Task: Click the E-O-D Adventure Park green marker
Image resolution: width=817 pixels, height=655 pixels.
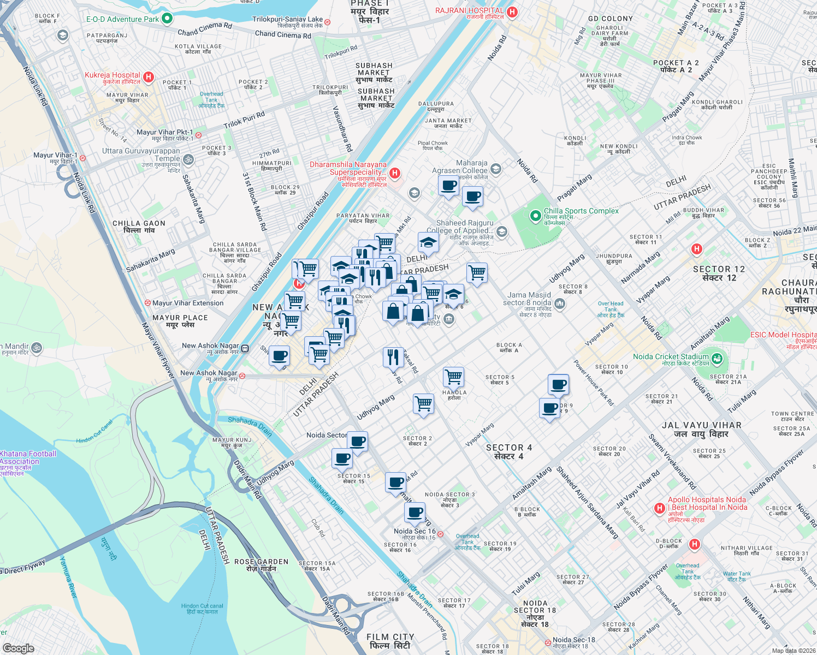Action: pos(167,19)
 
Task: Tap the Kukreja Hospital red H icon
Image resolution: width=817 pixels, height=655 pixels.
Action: pos(149,78)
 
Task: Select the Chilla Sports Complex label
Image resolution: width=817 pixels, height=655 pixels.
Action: pos(581,211)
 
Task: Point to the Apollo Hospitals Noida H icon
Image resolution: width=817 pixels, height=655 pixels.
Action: pos(660,509)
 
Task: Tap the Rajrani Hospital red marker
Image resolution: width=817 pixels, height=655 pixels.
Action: pos(512,12)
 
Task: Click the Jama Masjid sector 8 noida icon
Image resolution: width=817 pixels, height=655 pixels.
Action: pos(559,303)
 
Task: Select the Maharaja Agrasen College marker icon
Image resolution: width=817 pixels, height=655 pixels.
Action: pos(495,169)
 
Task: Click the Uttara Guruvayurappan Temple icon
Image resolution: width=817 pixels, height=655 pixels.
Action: pos(188,159)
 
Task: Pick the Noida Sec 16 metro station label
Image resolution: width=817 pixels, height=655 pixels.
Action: pos(415,531)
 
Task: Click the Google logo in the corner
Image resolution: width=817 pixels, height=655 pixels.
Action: pos(18,648)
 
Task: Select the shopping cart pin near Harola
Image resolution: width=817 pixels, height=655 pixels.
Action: pos(453,377)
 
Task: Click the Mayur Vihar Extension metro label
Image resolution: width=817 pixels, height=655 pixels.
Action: pos(187,303)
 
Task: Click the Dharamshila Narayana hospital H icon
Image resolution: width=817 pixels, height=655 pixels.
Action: pos(395,174)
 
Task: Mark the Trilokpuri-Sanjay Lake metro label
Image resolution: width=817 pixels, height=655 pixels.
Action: pos(287,20)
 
